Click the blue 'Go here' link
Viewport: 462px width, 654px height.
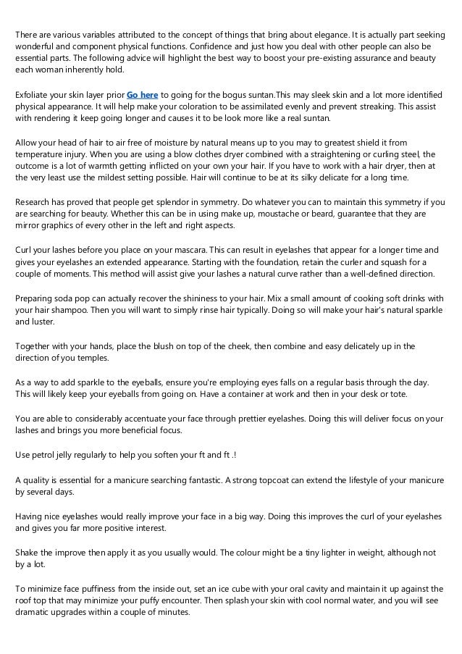[x=142, y=95]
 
